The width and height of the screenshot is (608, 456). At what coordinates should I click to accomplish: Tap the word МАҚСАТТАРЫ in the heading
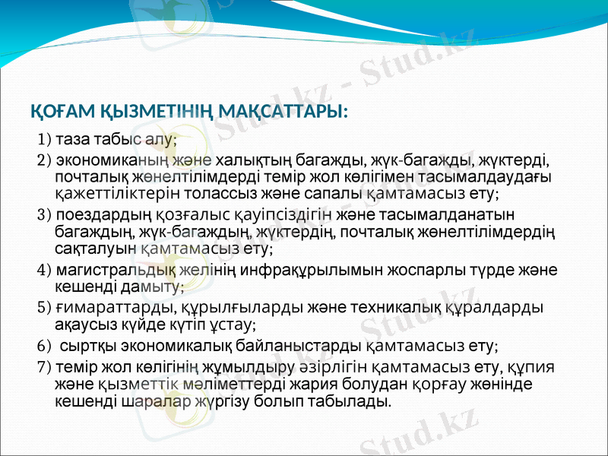(283, 112)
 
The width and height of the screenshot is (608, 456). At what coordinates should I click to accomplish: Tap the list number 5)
(45, 308)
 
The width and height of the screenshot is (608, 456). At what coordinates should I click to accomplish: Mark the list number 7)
(45, 366)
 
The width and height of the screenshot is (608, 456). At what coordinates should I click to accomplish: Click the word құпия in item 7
(535, 366)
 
